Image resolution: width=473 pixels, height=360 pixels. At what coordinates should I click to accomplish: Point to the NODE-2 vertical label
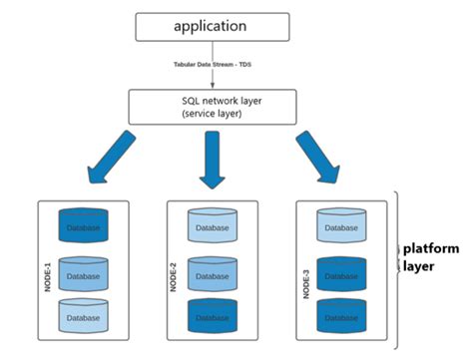[176, 269]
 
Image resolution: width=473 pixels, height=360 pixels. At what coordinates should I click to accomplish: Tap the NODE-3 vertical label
[305, 269]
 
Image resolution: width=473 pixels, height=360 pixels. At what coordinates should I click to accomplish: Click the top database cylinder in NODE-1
[83, 226]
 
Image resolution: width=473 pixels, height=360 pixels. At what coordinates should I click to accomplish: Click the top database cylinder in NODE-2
[213, 227]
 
